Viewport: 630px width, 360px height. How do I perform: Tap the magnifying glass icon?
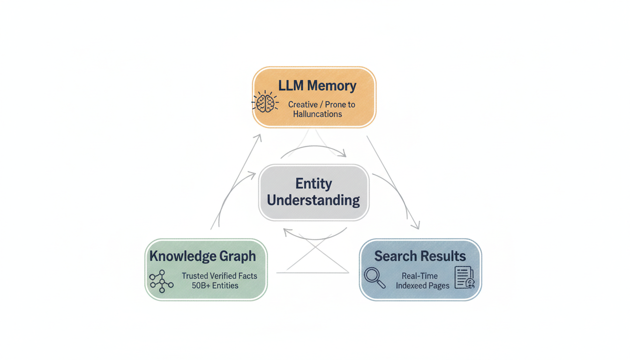pos(375,277)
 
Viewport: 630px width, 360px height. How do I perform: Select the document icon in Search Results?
pos(464,277)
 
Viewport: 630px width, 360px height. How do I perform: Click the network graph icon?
pos(161,281)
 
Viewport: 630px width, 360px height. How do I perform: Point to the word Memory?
pos(331,86)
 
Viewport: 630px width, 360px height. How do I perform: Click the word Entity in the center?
pos(314,183)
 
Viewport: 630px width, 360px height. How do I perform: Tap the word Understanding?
pos(314,201)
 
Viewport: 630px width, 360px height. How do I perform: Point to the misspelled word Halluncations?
pos(317,114)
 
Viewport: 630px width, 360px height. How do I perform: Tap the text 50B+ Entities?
pos(215,285)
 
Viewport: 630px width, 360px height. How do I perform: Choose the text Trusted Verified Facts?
pos(219,276)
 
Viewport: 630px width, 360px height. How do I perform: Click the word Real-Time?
pos(420,276)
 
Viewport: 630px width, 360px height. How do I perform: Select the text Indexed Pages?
pos(422,285)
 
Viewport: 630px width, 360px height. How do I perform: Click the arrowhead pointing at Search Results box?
pos(417,226)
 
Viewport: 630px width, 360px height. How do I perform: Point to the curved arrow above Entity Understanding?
pos(313,149)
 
